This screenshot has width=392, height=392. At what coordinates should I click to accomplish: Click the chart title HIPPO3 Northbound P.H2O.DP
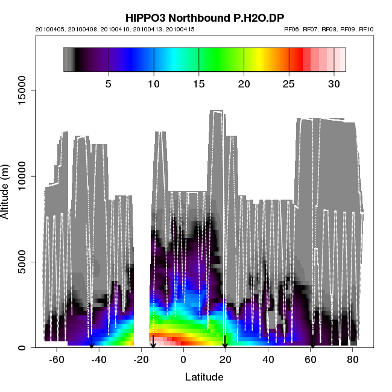204,17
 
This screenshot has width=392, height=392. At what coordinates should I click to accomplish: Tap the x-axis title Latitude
204,378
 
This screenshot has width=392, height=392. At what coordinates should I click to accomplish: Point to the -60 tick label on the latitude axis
57,359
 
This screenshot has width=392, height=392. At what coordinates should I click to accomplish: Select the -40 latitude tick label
99,359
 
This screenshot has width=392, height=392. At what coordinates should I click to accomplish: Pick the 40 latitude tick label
268,359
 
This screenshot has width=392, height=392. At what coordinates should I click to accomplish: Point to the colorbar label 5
109,84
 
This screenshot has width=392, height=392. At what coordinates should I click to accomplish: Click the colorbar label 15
199,84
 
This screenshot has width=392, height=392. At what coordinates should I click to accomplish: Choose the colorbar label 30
334,84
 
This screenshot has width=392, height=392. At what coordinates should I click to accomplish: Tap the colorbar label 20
244,84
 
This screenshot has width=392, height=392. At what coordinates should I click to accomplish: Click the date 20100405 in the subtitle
49,29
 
